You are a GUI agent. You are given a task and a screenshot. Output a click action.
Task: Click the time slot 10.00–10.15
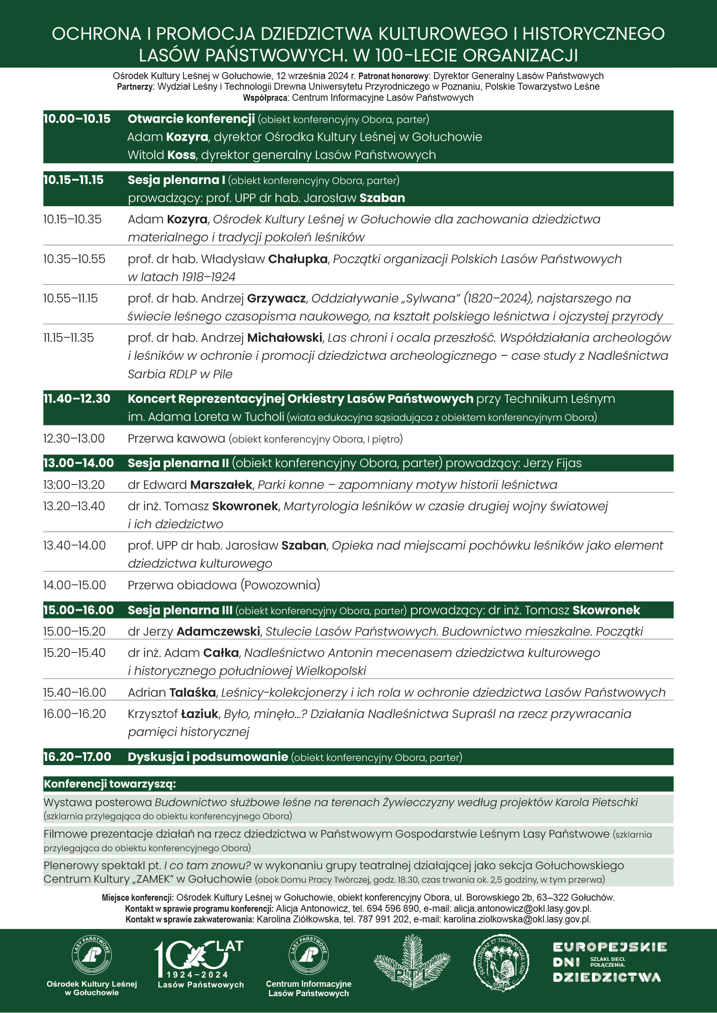pyautogui.click(x=77, y=119)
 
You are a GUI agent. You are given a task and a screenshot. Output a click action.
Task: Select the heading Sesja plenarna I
pyautogui.click(x=176, y=180)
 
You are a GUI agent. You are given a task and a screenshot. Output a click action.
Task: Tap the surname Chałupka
pyautogui.click(x=297, y=259)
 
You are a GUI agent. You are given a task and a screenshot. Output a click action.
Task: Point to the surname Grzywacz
pyautogui.click(x=276, y=299)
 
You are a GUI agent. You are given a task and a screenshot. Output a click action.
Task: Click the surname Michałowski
pyautogui.click(x=284, y=338)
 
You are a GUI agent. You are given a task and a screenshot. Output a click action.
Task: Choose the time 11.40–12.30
pyautogui.click(x=77, y=399)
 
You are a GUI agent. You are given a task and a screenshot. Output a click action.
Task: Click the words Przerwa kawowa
pyautogui.click(x=176, y=438)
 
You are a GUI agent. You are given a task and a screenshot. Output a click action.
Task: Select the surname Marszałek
pyautogui.click(x=221, y=485)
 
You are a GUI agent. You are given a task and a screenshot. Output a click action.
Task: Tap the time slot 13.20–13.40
pyautogui.click(x=74, y=506)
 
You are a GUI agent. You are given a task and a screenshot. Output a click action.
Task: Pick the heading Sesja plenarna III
pyautogui.click(x=180, y=610)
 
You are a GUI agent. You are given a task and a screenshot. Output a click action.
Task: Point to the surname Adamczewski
pyautogui.click(x=218, y=631)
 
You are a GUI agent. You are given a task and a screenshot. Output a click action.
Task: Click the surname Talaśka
pyautogui.click(x=192, y=692)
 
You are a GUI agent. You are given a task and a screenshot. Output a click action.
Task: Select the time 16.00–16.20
pyautogui.click(x=75, y=714)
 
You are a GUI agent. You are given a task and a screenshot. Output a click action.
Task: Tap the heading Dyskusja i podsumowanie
pyautogui.click(x=208, y=757)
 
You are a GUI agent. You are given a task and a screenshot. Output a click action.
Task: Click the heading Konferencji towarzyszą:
pyautogui.click(x=110, y=784)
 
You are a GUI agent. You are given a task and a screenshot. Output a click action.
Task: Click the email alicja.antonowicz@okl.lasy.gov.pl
pyautogui.click(x=522, y=909)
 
